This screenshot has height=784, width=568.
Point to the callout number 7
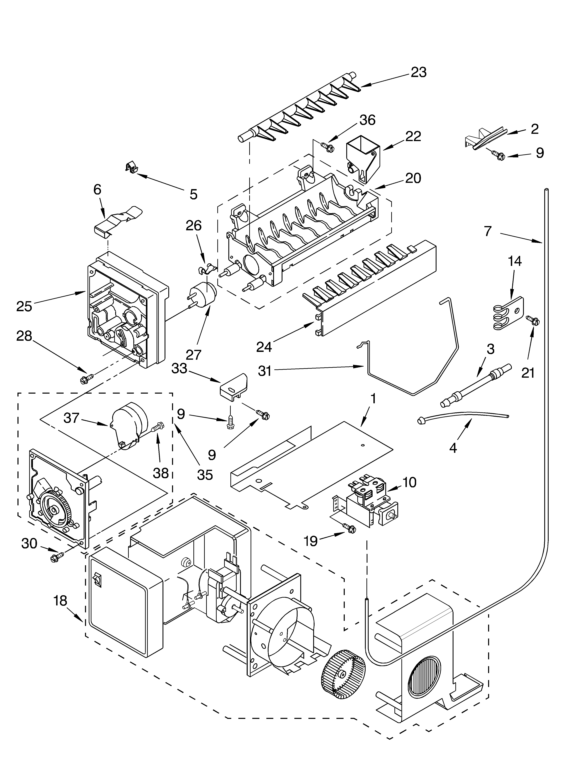(x=488, y=231)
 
